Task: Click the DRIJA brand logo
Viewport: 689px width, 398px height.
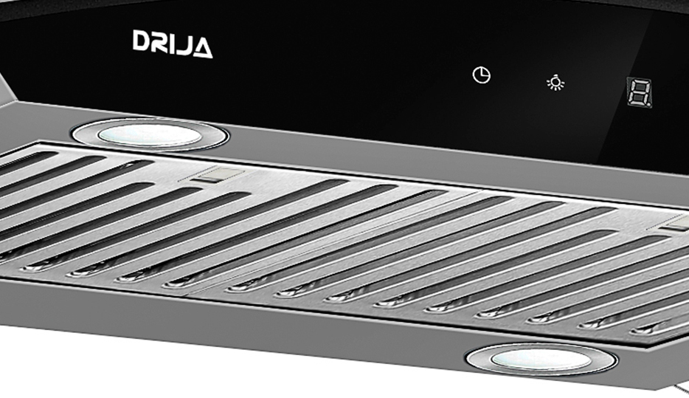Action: tap(173, 44)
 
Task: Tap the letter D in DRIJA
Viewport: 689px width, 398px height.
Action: tap(142, 41)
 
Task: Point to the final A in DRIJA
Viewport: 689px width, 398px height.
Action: tap(202, 48)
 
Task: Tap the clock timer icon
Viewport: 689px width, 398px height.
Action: tap(481, 75)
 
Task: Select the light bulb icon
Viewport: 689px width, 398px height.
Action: tap(555, 83)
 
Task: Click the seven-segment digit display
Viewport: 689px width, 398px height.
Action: tap(639, 92)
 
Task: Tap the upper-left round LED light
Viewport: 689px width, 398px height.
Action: tap(150, 134)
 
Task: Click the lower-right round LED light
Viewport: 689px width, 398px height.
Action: tap(541, 360)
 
